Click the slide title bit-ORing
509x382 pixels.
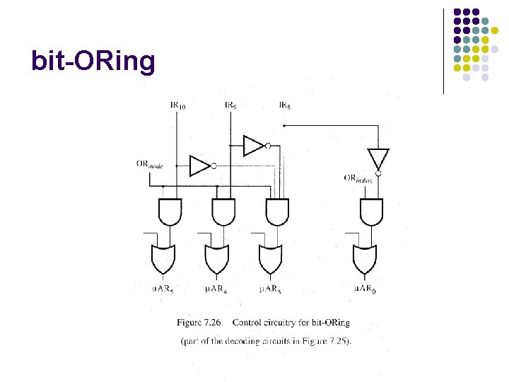pyautogui.click(x=93, y=62)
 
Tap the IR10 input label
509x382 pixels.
pyautogui.click(x=178, y=106)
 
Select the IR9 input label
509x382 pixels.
pyautogui.click(x=230, y=105)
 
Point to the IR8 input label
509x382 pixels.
pyautogui.click(x=284, y=105)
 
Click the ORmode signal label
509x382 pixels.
pyautogui.click(x=150, y=164)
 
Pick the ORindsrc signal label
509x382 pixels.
pyautogui.click(x=360, y=179)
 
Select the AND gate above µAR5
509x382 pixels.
pyautogui.click(x=170, y=211)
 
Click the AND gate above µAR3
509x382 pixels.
pyautogui.click(x=276, y=211)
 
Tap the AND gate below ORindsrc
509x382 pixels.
pyautogui.click(x=371, y=211)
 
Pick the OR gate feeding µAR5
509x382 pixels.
pyautogui.click(x=163, y=259)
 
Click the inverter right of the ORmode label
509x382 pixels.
pyautogui.click(x=200, y=166)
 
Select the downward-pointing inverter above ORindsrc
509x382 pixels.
pyautogui.click(x=378, y=159)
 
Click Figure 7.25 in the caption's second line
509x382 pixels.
pyautogui.click(x=326, y=342)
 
